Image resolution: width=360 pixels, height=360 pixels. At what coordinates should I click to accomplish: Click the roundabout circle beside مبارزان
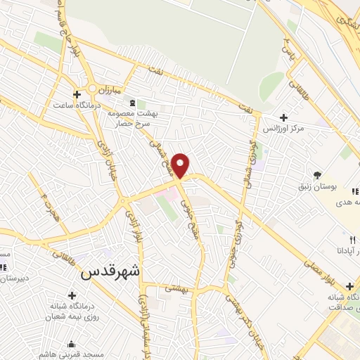[93, 89]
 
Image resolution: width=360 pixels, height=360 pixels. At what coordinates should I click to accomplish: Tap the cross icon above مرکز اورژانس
[283, 117]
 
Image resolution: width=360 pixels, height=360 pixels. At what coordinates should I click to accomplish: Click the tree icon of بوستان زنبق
[318, 174]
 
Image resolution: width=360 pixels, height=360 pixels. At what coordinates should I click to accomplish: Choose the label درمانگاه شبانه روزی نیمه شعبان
[70, 312]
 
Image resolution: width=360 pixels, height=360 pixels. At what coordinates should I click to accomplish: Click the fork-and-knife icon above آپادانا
[342, 239]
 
